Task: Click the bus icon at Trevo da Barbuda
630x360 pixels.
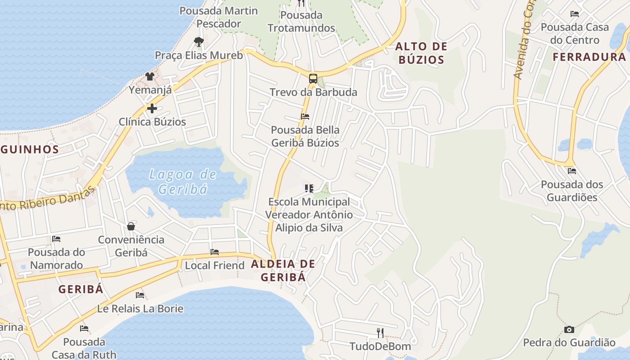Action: [x=313, y=78]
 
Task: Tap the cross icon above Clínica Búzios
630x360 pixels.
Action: [x=152, y=108]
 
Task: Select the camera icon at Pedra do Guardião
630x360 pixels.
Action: [x=569, y=329]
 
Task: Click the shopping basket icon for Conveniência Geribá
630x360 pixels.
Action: [x=131, y=226]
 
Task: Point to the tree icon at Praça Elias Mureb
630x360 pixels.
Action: [x=198, y=42]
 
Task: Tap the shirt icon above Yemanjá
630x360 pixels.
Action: [x=150, y=76]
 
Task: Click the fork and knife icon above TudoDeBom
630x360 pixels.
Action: [x=380, y=333]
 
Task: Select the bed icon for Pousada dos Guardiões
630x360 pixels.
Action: [x=572, y=171]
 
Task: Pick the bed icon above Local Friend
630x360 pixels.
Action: [x=215, y=252]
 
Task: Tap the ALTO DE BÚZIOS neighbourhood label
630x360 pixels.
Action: [x=421, y=53]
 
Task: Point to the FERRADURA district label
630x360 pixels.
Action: [x=589, y=57]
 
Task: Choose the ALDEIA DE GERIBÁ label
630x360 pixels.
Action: [x=283, y=270]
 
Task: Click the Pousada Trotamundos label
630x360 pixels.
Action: [x=301, y=22]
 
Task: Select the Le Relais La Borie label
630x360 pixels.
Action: [x=140, y=309]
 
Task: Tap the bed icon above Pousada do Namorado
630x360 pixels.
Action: [x=56, y=238]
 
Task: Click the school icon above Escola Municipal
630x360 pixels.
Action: [x=309, y=189]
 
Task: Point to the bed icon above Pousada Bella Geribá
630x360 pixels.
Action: [x=305, y=117]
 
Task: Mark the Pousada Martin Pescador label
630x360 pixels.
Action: [x=219, y=17]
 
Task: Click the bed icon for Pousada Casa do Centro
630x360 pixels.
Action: [x=575, y=14]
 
